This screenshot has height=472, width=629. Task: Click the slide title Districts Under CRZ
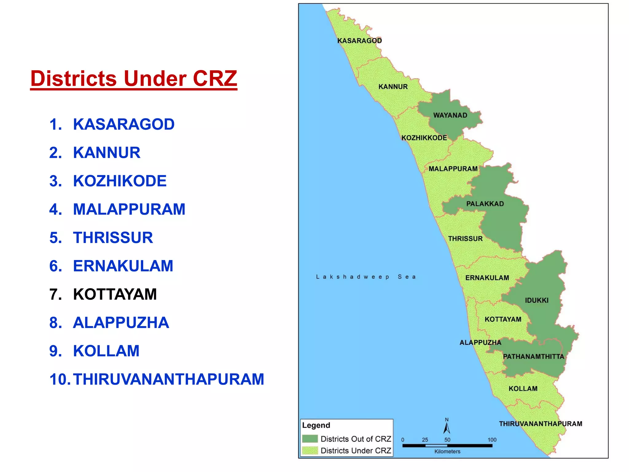(x=134, y=79)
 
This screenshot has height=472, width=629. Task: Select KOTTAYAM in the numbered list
(x=115, y=294)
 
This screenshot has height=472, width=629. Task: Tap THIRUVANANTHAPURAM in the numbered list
(x=168, y=379)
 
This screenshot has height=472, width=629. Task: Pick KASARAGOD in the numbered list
(x=123, y=124)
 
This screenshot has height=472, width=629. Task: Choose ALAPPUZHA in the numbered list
(x=121, y=323)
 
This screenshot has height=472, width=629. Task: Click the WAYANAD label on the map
(x=450, y=115)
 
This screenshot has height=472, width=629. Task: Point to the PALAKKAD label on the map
(x=485, y=204)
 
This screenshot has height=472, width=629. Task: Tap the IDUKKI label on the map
(x=537, y=300)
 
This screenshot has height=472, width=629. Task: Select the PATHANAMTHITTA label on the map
(x=533, y=356)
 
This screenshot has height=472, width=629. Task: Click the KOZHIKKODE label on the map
(x=424, y=138)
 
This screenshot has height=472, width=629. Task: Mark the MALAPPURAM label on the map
(x=453, y=169)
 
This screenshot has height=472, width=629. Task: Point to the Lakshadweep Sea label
(x=366, y=277)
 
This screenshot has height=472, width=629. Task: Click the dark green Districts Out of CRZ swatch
(x=310, y=439)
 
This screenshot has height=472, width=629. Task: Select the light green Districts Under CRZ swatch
(x=310, y=450)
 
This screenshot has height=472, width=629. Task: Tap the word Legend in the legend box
(x=316, y=425)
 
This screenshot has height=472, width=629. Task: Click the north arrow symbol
(x=447, y=427)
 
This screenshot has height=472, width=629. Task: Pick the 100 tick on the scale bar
(x=492, y=440)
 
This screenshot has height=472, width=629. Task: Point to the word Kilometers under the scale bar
(x=447, y=451)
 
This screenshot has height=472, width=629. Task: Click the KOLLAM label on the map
(x=523, y=389)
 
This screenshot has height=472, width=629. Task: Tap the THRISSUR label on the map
(x=465, y=238)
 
